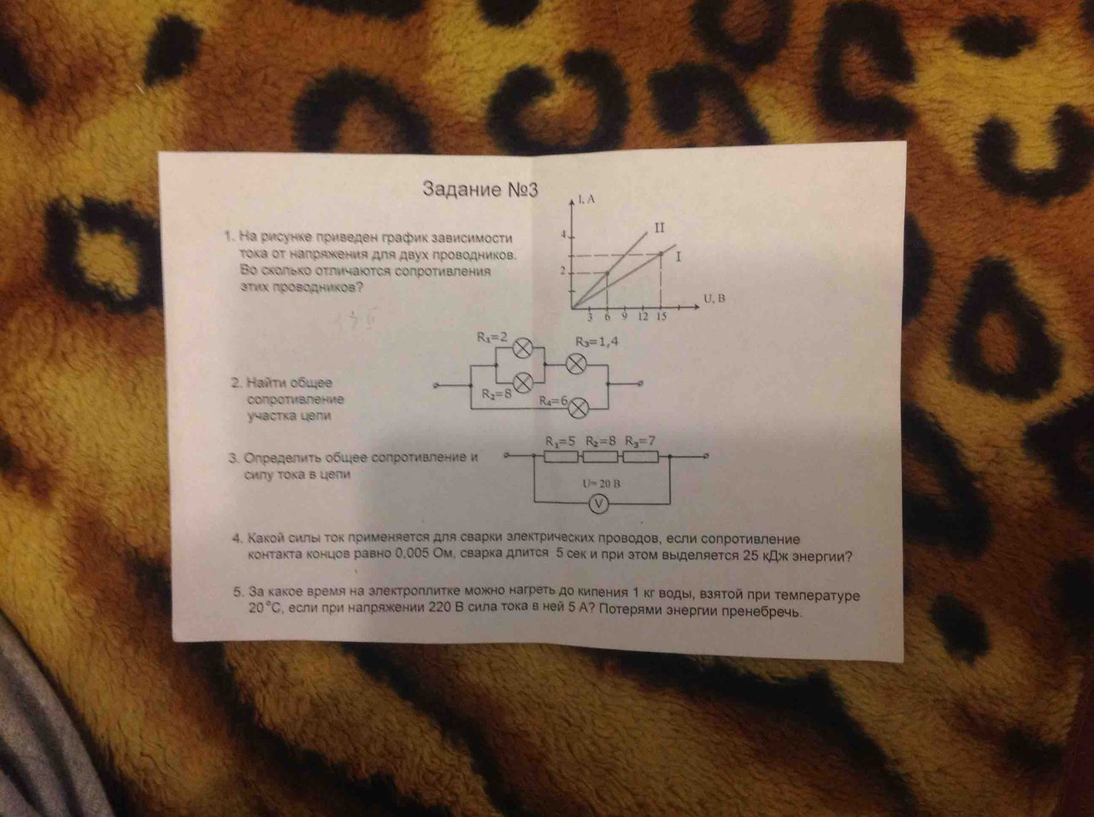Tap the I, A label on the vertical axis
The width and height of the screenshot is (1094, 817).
(586, 199)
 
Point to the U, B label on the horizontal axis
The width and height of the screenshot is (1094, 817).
(715, 298)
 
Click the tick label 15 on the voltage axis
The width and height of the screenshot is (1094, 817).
(662, 317)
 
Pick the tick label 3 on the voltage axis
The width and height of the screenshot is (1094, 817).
(590, 317)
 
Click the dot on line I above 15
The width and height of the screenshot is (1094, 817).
(662, 253)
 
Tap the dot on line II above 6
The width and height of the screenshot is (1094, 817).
(607, 273)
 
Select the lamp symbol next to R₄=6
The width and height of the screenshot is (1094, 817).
(579, 406)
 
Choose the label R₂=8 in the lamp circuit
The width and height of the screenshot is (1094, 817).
(496, 394)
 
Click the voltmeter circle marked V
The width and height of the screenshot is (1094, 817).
(600, 504)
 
